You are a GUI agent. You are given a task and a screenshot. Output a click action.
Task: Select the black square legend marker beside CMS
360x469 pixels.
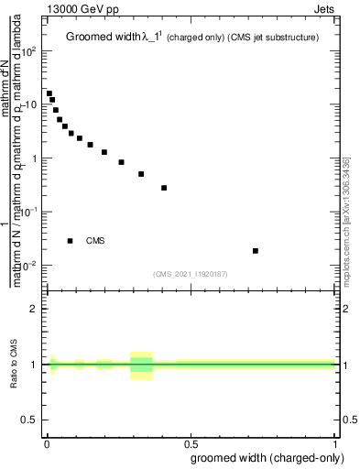(70, 241)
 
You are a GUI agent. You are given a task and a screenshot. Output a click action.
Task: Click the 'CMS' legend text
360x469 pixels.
(95, 241)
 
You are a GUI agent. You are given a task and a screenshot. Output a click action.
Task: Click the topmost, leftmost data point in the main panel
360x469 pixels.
(49, 93)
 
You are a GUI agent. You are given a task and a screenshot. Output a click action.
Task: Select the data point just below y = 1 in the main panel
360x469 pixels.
(121, 162)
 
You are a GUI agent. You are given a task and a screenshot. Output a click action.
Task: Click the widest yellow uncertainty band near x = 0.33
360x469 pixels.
(141, 365)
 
